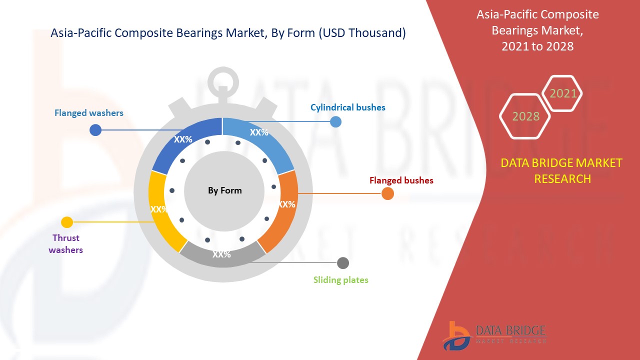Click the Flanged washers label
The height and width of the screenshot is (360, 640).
(x=88, y=113)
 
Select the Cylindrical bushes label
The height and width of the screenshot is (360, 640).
(x=347, y=107)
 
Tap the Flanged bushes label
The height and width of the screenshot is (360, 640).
(x=401, y=180)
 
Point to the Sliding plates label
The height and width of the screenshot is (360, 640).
(x=340, y=280)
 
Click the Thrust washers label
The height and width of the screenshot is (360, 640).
(x=65, y=244)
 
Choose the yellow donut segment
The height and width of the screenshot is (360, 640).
(x=161, y=210)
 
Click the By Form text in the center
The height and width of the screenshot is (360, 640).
(x=224, y=190)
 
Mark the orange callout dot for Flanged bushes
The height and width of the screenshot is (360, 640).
(x=387, y=194)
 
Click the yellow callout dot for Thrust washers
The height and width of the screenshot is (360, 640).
(x=66, y=222)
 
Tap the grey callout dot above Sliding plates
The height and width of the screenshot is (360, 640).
(x=343, y=263)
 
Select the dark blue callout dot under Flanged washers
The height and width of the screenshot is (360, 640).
(x=95, y=130)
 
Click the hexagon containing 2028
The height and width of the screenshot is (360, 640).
(x=525, y=116)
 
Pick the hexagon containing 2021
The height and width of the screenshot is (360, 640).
(x=563, y=93)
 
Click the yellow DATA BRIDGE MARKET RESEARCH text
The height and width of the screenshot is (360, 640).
(x=562, y=170)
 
